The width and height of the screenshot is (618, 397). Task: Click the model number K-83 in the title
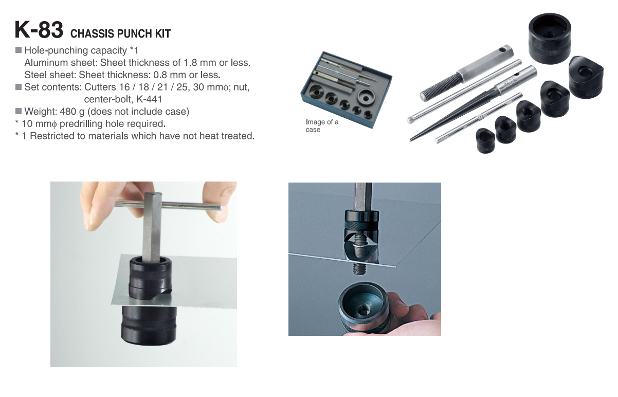click(39, 29)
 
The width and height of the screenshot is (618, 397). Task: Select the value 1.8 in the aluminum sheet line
click(190, 63)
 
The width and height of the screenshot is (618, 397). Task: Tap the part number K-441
click(149, 99)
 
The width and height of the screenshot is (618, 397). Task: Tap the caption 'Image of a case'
click(322, 126)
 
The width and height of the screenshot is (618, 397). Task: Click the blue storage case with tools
click(346, 89)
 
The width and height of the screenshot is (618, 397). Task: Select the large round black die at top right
click(549, 39)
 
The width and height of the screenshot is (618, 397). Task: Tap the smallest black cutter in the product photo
click(485, 141)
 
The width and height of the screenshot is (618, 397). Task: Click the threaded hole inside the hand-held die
click(363, 312)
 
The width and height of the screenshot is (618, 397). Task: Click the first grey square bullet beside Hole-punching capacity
click(18, 50)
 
